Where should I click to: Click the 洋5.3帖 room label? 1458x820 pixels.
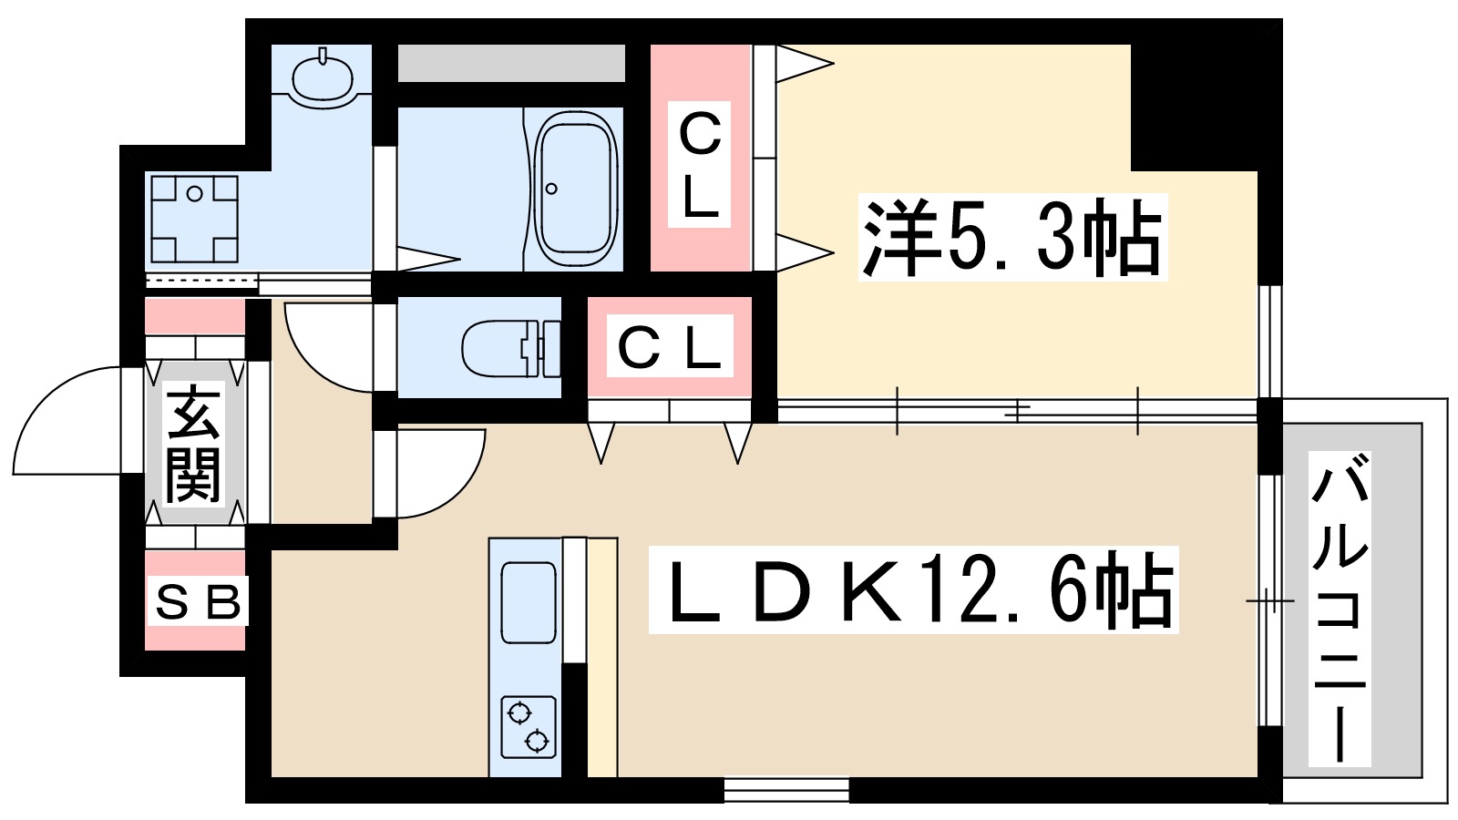click(x=1011, y=238)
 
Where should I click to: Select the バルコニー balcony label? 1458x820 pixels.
click(x=1340, y=609)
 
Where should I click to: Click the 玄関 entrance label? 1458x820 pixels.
click(x=194, y=444)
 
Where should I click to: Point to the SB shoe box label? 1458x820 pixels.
click(x=197, y=601)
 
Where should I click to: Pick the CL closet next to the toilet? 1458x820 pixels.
click(x=671, y=347)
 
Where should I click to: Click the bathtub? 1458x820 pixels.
click(x=575, y=190)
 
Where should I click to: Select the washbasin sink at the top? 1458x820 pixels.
click(x=323, y=77)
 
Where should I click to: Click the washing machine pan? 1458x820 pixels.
click(x=194, y=219)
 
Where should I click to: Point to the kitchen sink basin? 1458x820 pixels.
click(x=529, y=602)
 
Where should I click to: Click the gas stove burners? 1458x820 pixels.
click(x=529, y=726)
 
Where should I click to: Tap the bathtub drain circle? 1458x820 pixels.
click(x=551, y=190)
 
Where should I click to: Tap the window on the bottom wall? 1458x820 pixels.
click(x=786, y=789)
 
